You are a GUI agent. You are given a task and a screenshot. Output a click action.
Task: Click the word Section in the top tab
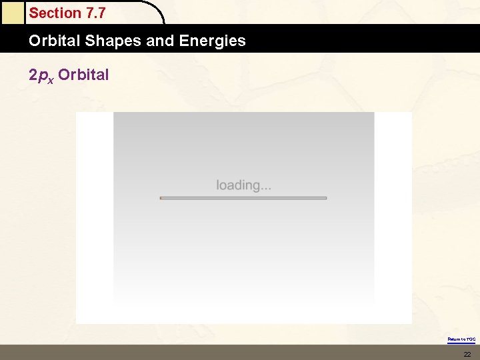click(x=54, y=13)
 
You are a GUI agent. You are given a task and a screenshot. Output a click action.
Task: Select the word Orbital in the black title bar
click(x=55, y=41)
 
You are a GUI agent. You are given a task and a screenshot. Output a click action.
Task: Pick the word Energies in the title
click(x=213, y=41)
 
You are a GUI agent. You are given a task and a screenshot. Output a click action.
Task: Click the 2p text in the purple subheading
click(x=37, y=75)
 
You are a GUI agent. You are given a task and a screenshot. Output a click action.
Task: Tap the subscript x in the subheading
click(x=51, y=78)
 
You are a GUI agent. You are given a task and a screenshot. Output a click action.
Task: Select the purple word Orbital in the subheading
click(x=83, y=75)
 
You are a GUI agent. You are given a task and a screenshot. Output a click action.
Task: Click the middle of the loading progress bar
click(x=243, y=198)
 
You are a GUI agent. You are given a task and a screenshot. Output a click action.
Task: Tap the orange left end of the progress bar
click(x=162, y=198)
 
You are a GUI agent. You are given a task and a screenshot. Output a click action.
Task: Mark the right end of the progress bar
click(x=325, y=198)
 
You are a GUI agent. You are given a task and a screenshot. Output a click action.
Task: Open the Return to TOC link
click(x=461, y=339)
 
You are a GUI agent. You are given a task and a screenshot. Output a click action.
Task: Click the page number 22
click(x=467, y=354)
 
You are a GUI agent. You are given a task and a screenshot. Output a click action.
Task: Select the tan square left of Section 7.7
click(x=11, y=12)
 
